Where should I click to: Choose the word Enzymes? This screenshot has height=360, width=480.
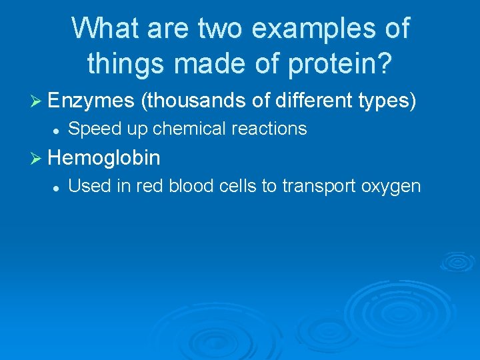pyautogui.click(x=91, y=101)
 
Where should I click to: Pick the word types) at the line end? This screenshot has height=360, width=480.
pyautogui.click(x=388, y=101)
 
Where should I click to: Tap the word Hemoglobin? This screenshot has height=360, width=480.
pyautogui.click(x=104, y=158)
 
